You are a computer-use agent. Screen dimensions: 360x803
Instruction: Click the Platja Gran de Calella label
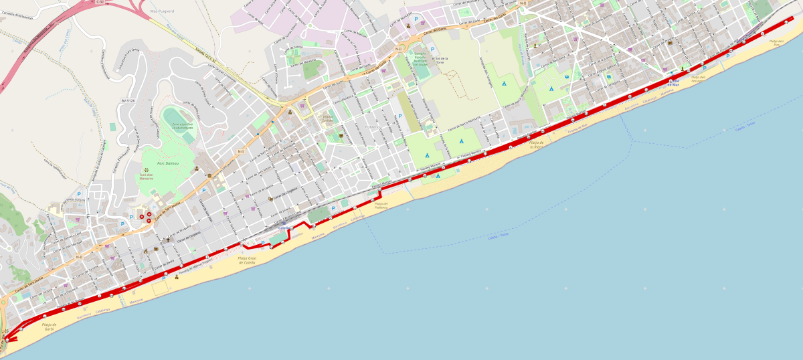[248, 260]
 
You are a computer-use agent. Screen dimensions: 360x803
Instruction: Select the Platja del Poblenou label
[381, 205]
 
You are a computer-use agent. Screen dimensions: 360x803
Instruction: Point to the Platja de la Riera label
[536, 145]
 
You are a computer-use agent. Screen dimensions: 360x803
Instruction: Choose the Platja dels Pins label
[775, 43]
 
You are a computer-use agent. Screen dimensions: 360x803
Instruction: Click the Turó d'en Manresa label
[146, 177]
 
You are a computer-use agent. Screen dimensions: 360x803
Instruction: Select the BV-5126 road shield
[128, 101]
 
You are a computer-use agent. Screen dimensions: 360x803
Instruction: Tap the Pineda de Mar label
[673, 84]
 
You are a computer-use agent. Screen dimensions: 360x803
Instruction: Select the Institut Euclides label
[327, 117]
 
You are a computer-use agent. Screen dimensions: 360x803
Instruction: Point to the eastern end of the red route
[792, 19]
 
